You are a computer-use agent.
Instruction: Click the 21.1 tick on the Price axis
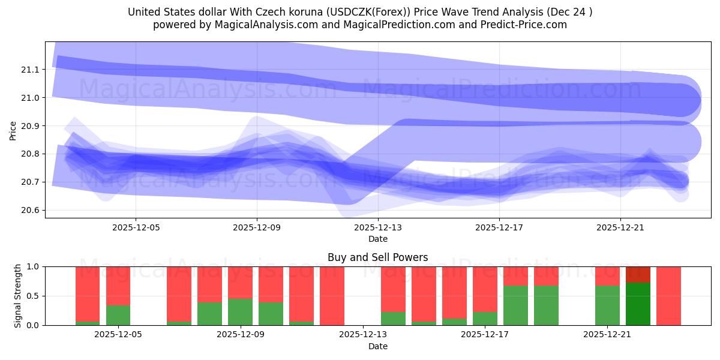(x=30, y=70)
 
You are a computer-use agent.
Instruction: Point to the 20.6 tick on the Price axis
(x=30, y=210)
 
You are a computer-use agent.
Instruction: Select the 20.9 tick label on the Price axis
(x=30, y=126)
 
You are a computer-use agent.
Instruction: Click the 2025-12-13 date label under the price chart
(x=378, y=227)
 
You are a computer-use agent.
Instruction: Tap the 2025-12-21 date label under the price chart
(x=620, y=227)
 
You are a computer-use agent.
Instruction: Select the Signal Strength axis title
(x=18, y=296)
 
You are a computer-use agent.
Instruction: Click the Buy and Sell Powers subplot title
(x=378, y=257)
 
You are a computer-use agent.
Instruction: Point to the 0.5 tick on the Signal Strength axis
(x=33, y=296)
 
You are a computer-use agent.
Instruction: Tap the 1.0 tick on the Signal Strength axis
(x=33, y=266)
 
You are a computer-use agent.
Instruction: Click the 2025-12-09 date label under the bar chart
(x=241, y=335)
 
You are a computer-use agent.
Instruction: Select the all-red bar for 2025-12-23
(x=668, y=296)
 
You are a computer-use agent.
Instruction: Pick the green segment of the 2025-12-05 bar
(x=118, y=316)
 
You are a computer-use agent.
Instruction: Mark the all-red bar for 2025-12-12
(x=332, y=296)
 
